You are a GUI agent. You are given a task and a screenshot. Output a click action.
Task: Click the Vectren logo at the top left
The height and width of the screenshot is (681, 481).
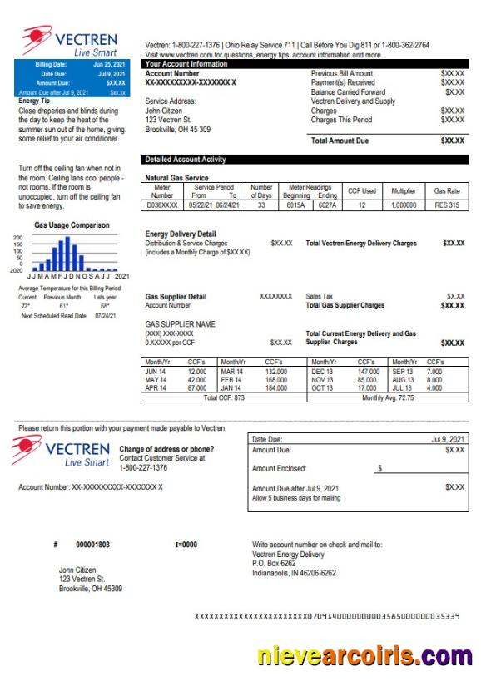point(72,42)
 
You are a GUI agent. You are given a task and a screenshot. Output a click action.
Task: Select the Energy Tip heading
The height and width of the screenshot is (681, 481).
point(37,101)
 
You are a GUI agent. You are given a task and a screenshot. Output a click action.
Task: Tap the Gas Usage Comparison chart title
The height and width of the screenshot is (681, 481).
point(72,225)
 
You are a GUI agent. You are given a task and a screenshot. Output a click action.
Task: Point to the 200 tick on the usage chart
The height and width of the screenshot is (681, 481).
point(18,238)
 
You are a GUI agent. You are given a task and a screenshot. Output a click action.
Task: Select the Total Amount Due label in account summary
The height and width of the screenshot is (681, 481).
point(339,141)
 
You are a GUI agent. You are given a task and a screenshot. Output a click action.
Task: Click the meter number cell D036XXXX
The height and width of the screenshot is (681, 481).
point(161,205)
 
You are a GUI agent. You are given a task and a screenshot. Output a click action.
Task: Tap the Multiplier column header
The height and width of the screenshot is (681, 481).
point(404,191)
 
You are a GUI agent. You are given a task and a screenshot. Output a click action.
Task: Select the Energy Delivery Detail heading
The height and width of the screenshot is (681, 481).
point(180,234)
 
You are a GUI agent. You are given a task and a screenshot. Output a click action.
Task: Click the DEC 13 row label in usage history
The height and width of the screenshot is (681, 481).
point(320,371)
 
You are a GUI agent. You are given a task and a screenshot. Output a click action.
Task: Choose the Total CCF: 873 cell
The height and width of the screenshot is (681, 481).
point(224,397)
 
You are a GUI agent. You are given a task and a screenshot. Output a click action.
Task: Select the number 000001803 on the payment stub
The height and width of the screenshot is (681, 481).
point(92,545)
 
